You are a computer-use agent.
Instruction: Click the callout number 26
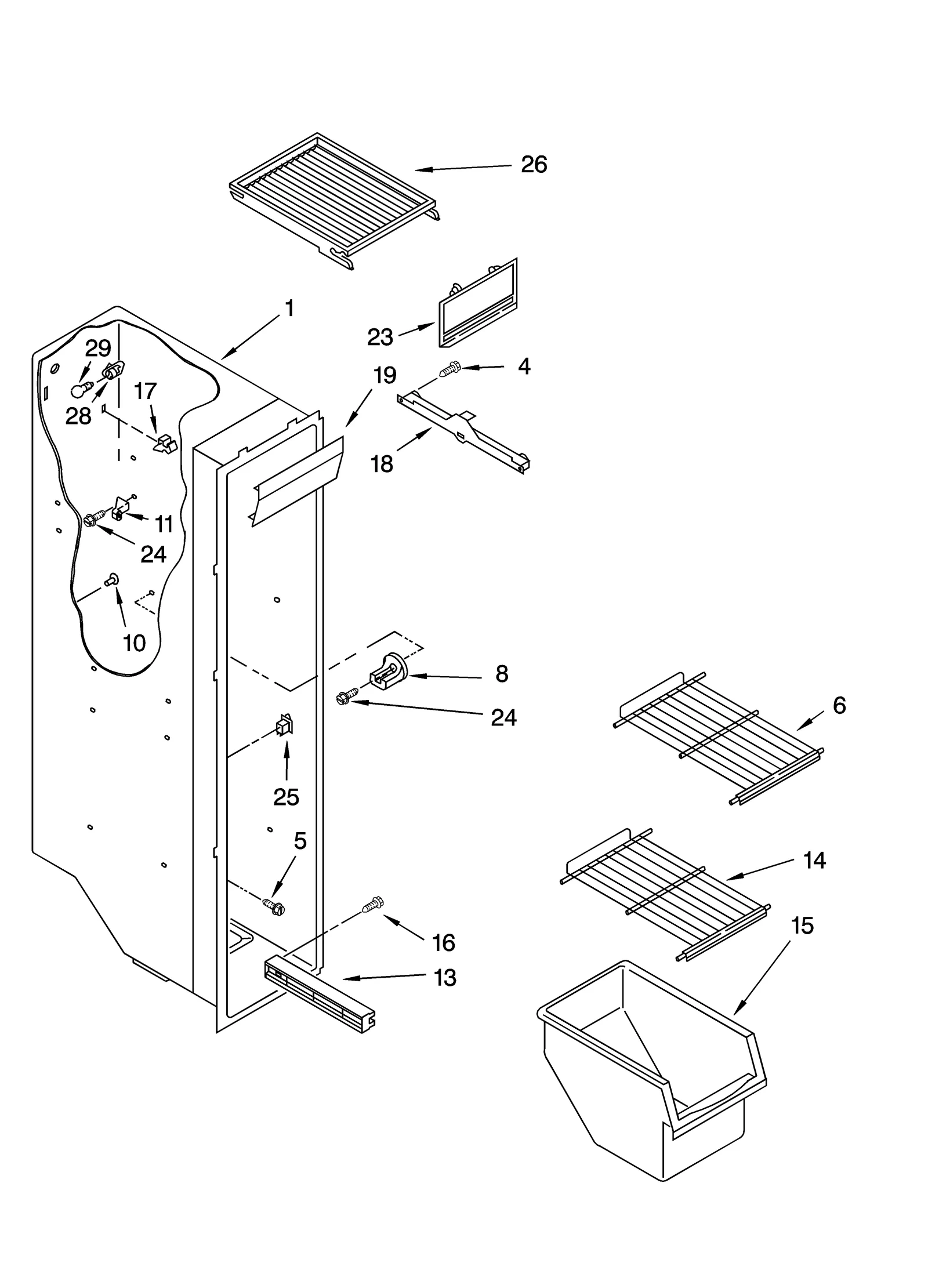pos(534,165)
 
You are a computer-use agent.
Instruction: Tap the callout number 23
pos(380,337)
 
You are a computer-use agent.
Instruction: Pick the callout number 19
pos(385,375)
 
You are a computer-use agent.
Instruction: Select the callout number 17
pos(145,391)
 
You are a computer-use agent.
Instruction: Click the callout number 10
pos(134,643)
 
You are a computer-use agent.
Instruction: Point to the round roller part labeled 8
pos(389,673)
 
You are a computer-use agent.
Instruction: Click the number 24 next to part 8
pos(503,718)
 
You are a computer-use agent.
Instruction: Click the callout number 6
pos(839,705)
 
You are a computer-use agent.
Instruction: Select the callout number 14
pos(814,861)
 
